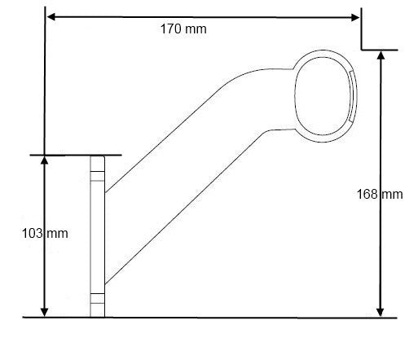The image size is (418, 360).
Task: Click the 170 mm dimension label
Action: (183, 29)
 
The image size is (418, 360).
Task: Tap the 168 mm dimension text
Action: (380, 195)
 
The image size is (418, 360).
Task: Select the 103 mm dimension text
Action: (45, 234)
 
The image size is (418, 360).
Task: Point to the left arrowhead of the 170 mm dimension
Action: (51, 17)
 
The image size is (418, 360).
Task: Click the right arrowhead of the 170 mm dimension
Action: (355, 18)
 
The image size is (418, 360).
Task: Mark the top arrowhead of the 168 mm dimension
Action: (381, 55)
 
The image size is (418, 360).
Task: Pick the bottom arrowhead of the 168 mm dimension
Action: (381, 313)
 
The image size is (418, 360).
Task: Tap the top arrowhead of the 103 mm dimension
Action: (44, 160)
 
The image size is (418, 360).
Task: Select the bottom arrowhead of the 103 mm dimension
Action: (44, 313)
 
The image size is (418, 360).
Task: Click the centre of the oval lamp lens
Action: (323, 96)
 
